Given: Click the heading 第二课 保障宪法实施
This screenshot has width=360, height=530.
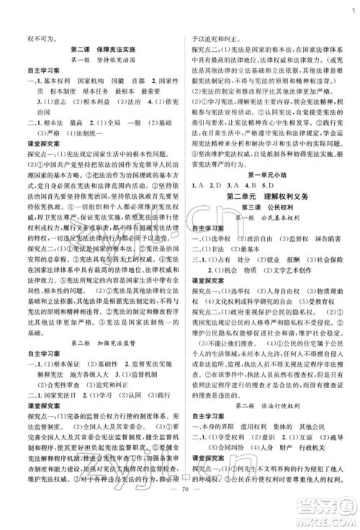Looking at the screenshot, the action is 106,50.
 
